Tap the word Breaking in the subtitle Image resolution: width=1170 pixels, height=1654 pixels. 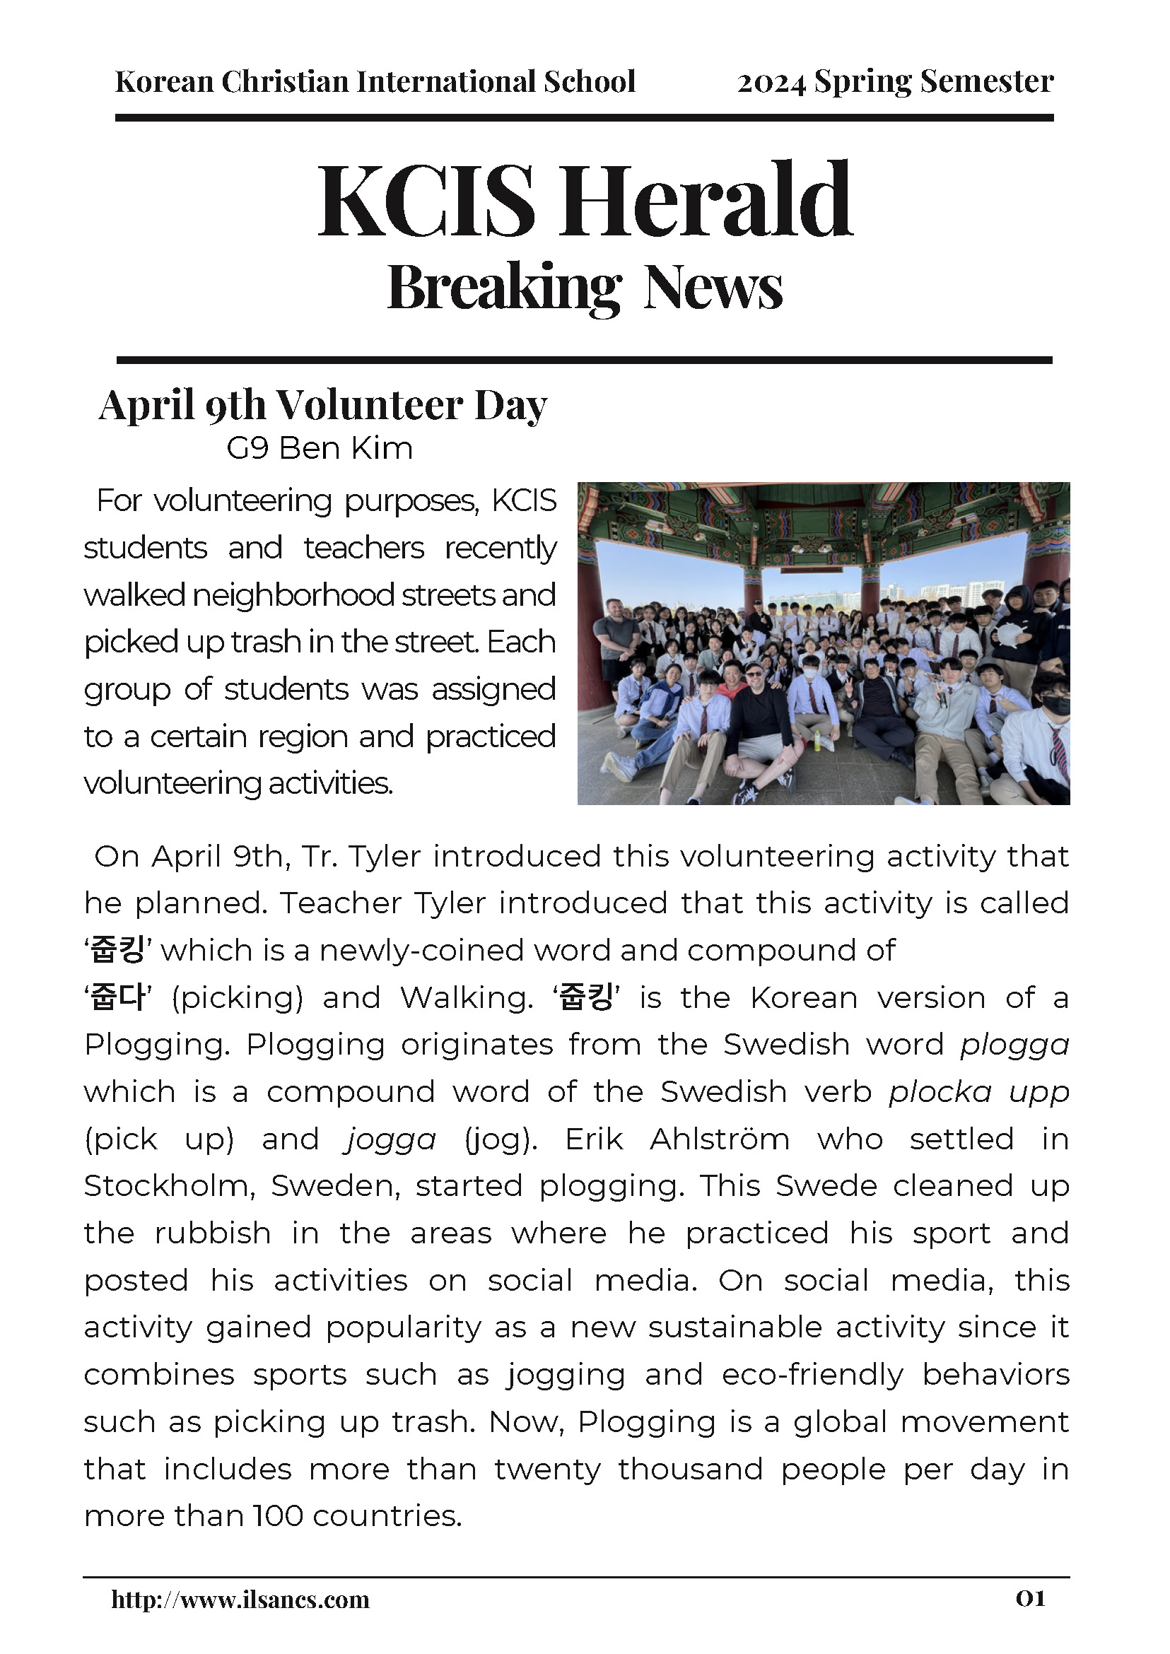coord(504,288)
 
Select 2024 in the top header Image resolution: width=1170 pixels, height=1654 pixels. coord(771,83)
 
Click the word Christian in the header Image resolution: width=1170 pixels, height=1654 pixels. coord(286,82)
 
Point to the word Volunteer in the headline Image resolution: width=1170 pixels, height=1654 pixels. coord(372,406)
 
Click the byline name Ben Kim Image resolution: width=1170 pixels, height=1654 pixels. coord(346,449)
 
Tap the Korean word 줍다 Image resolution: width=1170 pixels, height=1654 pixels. coord(117,999)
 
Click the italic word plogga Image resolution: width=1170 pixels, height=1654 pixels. coord(1014,1045)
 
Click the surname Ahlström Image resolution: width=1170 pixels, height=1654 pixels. coord(719,1139)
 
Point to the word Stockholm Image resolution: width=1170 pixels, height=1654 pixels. coord(169,1187)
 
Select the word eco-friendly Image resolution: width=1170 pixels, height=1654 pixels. coord(812,1375)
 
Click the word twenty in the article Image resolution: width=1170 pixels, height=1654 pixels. coord(546,1469)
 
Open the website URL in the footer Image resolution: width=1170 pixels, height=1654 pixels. coord(240,1600)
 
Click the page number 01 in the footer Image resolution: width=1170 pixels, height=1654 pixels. coord(1030,1599)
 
